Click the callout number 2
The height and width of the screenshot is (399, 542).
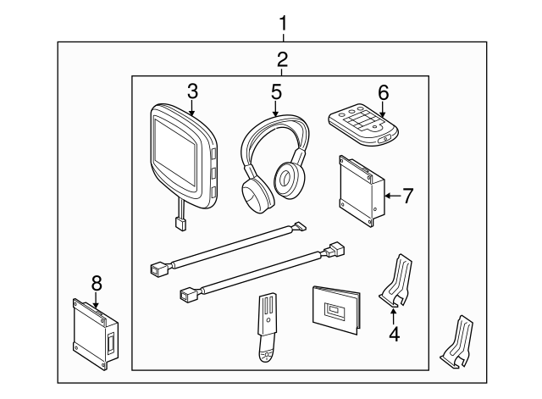tap(282, 59)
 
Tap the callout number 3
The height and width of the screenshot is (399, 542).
tap(192, 90)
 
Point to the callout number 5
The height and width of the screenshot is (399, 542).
tap(275, 91)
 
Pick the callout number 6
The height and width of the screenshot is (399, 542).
tap(383, 91)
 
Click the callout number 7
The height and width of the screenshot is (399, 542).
tap(407, 197)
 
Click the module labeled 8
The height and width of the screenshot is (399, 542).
tap(93, 333)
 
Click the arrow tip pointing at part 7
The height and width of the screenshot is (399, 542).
tap(385, 197)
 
